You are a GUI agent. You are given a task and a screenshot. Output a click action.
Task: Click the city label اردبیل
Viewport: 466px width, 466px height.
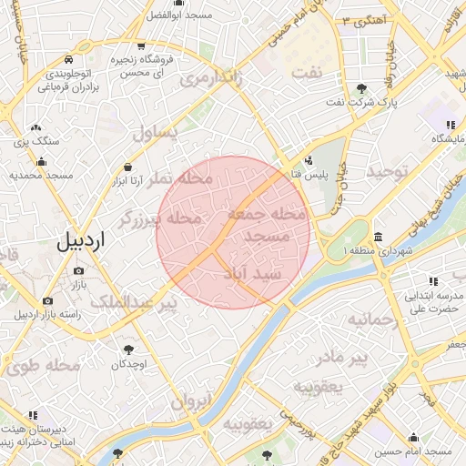[81, 241]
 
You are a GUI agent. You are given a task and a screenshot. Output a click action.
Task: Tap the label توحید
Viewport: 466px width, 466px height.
[390, 172]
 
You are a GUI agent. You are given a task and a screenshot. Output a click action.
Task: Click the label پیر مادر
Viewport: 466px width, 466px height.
[373, 357]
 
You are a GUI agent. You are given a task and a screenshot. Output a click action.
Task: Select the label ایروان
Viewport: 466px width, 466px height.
[191, 400]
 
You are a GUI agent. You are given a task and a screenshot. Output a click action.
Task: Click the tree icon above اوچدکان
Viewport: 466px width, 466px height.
[129, 349]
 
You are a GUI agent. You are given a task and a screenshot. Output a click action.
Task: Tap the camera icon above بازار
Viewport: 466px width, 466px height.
[78, 270]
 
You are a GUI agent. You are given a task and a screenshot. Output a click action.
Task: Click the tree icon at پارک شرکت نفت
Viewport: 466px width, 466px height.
[362, 88]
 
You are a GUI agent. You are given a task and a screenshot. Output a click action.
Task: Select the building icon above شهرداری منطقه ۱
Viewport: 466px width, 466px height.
[378, 235]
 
